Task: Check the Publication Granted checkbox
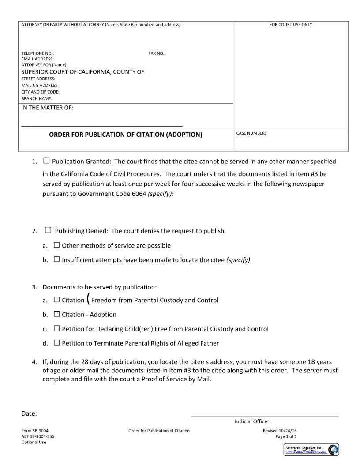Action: [47, 161]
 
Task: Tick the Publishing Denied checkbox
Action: [48, 230]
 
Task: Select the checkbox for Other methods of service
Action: [56, 245]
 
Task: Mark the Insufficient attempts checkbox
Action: [56, 259]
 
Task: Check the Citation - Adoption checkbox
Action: [56, 314]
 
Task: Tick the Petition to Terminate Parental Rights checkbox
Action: [56, 342]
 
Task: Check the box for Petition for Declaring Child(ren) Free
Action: [56, 328]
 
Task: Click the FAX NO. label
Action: [157, 53]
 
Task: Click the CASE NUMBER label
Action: [251, 133]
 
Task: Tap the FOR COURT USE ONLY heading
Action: [291, 25]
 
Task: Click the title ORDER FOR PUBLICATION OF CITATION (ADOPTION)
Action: [126, 135]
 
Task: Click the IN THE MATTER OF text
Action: [47, 108]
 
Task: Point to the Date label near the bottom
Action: [29, 413]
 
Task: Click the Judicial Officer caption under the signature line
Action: [251, 421]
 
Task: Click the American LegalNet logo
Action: [311, 450]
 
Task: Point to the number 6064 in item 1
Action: [139, 194]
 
